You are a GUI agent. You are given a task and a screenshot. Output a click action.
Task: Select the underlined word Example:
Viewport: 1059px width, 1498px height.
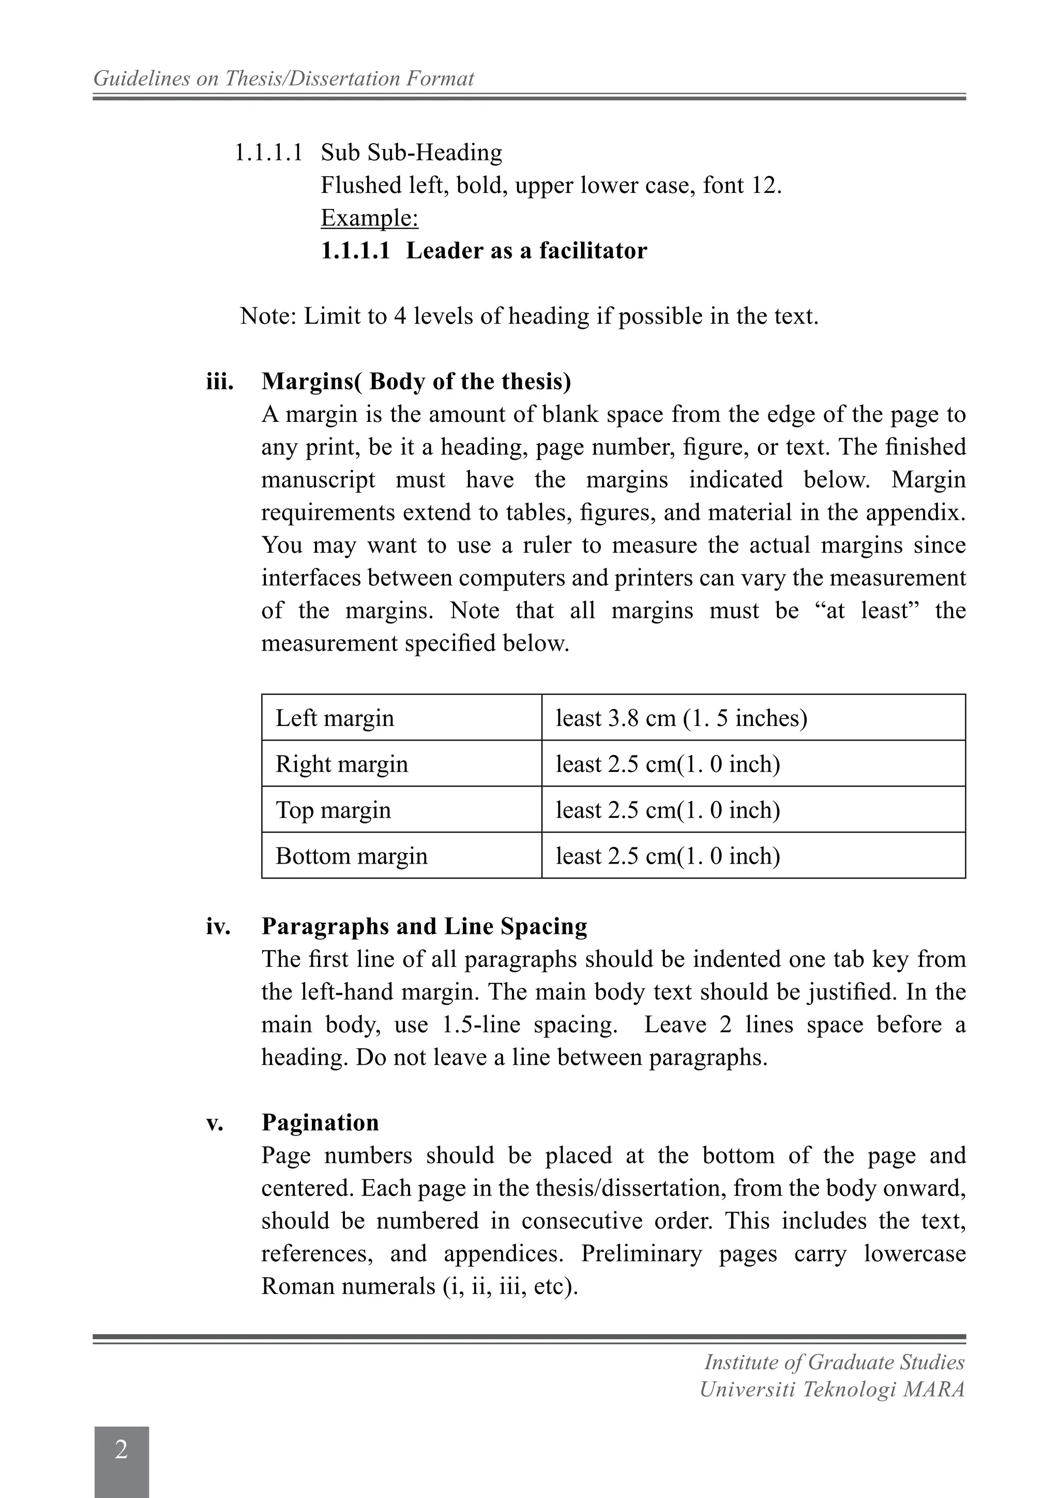click(369, 218)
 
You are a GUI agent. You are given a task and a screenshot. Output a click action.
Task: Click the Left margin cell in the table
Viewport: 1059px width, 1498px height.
click(335, 718)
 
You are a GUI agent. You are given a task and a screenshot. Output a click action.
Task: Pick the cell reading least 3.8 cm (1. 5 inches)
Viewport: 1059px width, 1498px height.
click(681, 718)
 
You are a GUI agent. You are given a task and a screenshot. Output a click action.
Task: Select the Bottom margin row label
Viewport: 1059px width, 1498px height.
click(351, 855)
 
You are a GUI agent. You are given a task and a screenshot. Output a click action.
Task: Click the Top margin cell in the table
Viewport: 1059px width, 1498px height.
click(333, 810)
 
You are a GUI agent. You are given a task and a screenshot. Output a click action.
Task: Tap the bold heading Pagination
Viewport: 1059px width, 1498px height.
click(320, 1122)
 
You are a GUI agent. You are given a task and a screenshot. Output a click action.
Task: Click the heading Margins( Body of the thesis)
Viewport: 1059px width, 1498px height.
click(416, 381)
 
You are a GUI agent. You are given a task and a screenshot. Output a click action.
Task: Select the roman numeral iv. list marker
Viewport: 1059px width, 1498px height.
click(219, 927)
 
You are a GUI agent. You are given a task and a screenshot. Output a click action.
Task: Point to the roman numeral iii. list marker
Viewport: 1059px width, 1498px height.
click(220, 382)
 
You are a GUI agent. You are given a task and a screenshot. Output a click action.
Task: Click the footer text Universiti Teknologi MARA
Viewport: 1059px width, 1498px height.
click(832, 1390)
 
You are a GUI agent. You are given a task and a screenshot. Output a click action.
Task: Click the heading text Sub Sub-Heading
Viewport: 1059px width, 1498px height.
click(411, 153)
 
